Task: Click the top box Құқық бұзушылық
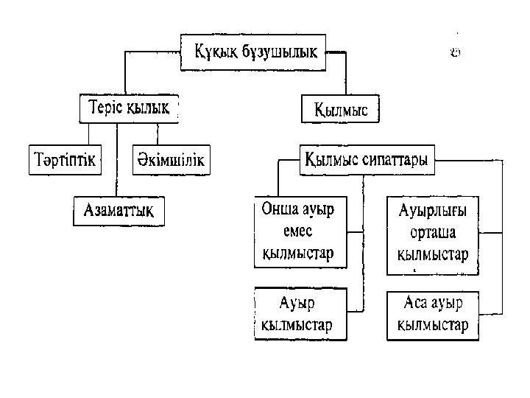pos(255,52)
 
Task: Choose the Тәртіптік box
pos(65,160)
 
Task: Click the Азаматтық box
pos(119,212)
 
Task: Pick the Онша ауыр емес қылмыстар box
pos(298,231)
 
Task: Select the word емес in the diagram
pos(298,231)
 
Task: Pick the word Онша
pos(276,210)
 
